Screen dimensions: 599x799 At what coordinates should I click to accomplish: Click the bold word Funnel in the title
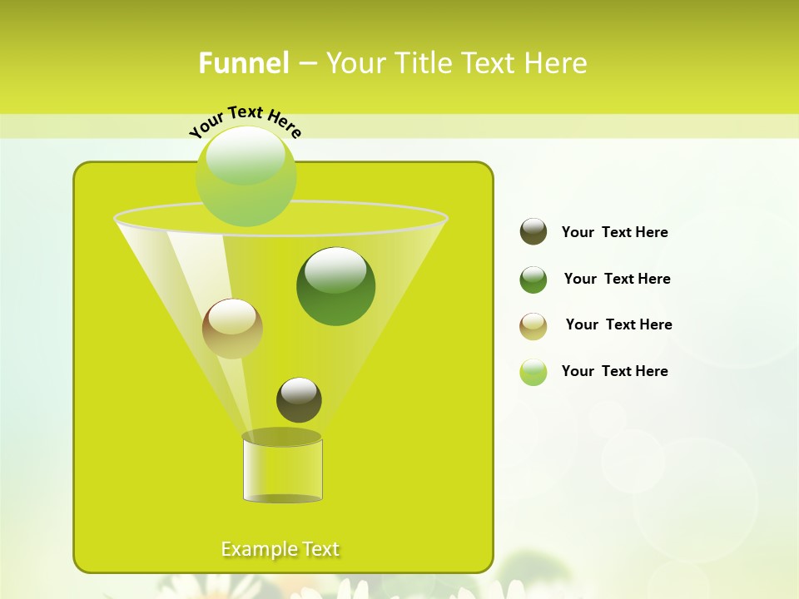(x=244, y=63)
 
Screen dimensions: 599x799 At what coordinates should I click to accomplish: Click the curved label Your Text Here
(x=246, y=121)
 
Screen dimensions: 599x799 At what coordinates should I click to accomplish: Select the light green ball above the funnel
(x=246, y=176)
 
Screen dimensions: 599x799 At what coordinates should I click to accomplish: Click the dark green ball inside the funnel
(x=336, y=287)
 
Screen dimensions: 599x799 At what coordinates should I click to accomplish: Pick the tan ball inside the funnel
(x=232, y=329)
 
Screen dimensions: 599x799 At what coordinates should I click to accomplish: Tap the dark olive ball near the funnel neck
(x=299, y=400)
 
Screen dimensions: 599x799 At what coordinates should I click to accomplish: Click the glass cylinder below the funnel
(x=282, y=470)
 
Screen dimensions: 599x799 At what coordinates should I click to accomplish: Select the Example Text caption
(x=280, y=549)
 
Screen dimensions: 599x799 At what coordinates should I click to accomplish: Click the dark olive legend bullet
(x=533, y=232)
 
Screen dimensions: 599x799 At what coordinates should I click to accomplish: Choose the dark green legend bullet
(x=533, y=280)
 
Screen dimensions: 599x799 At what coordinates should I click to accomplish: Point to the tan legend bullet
(x=533, y=326)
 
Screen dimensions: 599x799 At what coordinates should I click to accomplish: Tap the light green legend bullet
(x=533, y=372)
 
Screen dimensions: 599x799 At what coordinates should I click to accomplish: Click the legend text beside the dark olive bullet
(x=614, y=233)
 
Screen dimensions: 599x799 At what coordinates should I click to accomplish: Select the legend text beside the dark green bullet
(x=617, y=280)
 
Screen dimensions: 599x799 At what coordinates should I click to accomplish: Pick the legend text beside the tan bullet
(x=618, y=325)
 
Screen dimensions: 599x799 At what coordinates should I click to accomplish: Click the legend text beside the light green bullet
(x=614, y=372)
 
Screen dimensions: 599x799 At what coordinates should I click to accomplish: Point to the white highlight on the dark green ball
(x=335, y=269)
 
